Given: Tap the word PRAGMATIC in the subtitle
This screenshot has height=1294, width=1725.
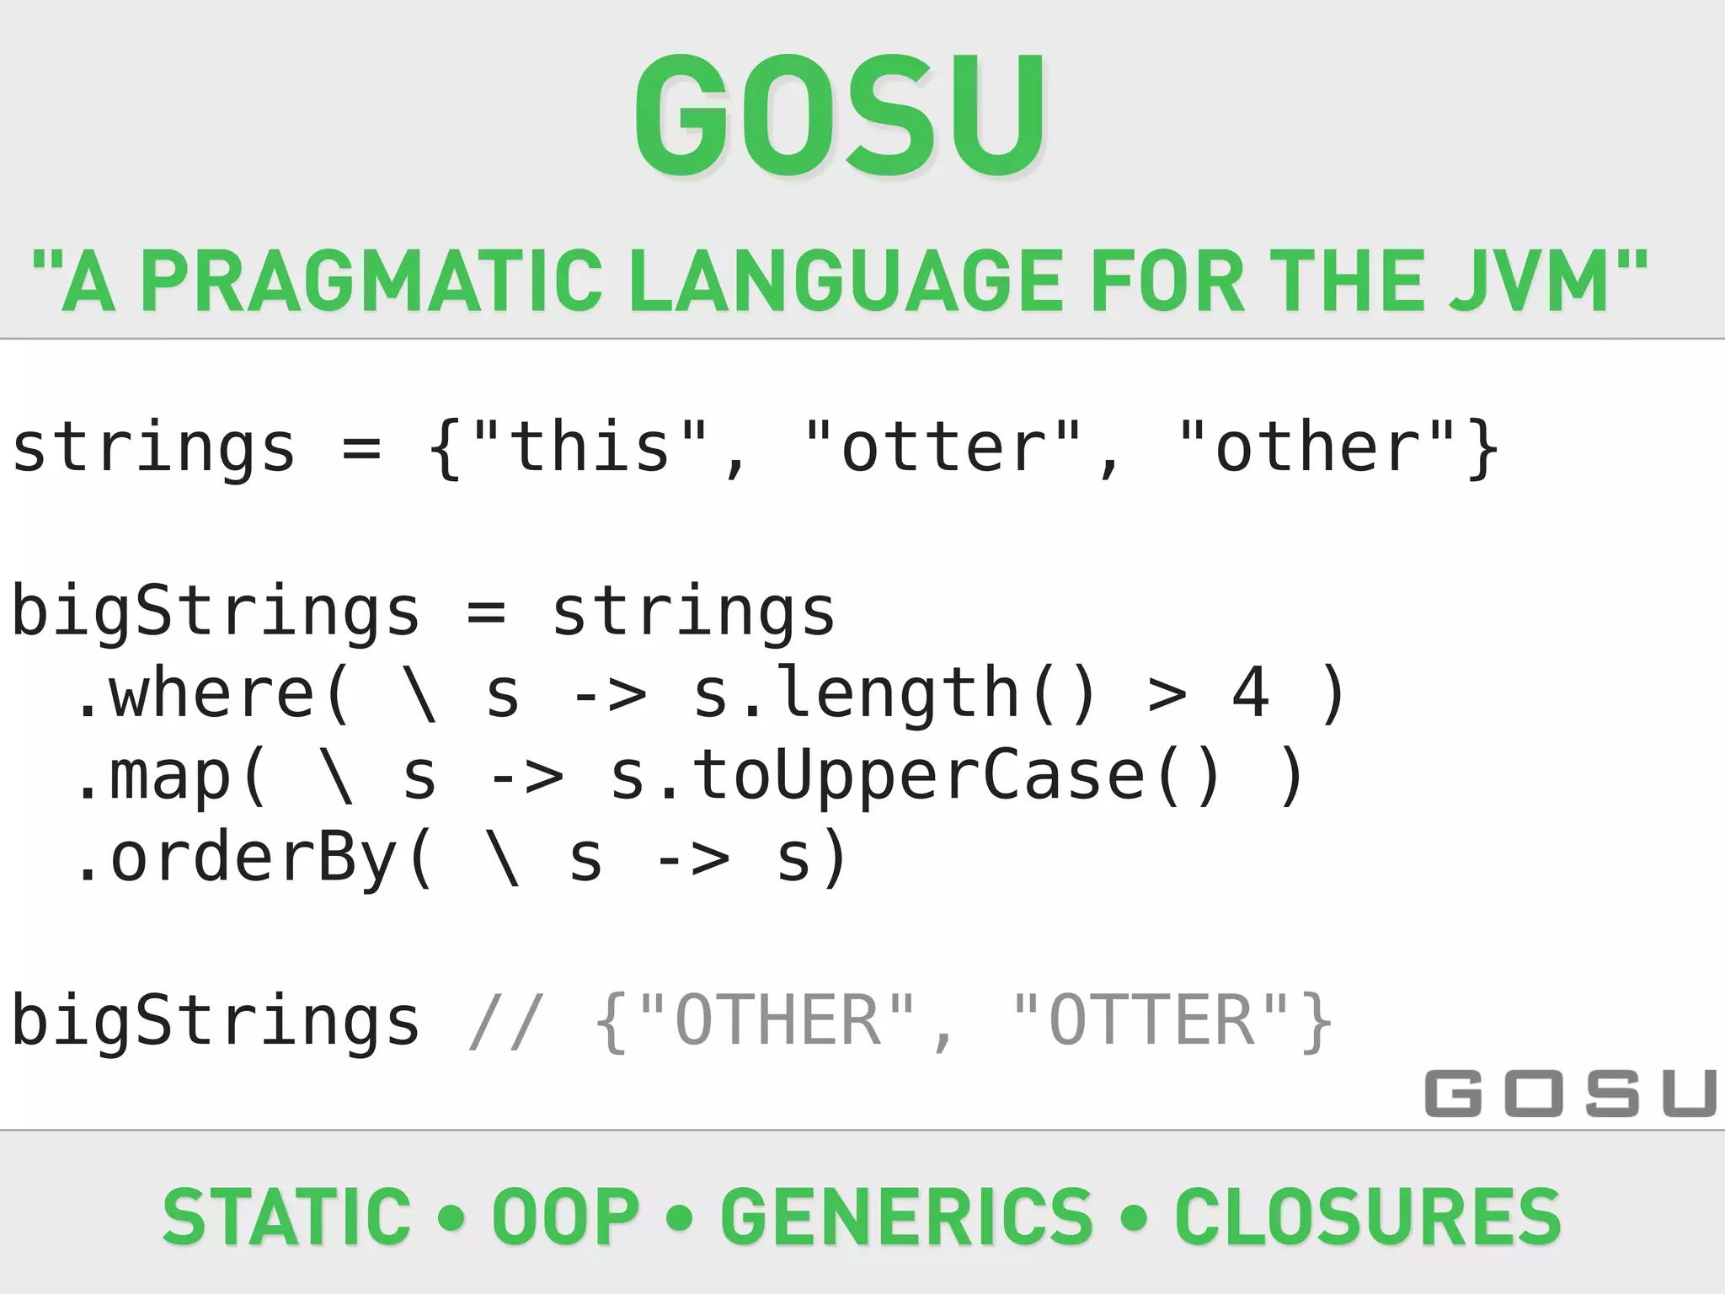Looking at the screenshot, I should coord(371,281).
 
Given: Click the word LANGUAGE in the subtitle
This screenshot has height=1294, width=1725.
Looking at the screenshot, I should coord(849,281).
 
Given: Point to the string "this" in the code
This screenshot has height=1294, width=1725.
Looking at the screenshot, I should coord(590,446).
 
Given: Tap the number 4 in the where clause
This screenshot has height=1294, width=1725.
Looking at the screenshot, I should coord(1250,692).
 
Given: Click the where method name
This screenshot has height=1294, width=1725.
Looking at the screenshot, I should coord(211,692).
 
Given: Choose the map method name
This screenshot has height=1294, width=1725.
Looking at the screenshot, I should coord(168,775).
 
